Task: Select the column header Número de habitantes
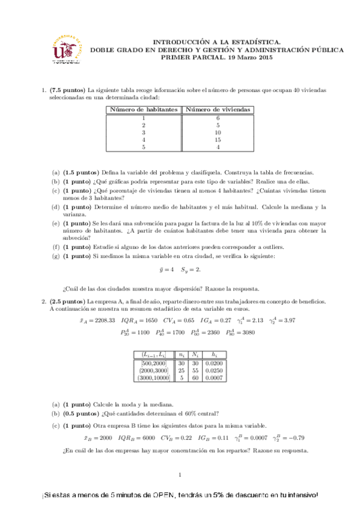[x=143, y=109]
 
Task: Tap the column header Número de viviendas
[x=218, y=109]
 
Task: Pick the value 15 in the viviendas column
[x=218, y=139]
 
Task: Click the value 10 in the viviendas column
[x=218, y=132]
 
